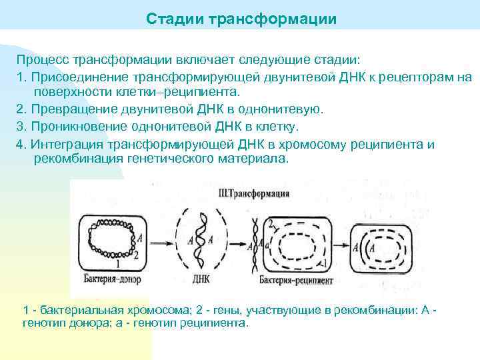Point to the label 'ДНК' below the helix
pyautogui.click(x=201, y=279)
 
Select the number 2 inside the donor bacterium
pyautogui.click(x=136, y=254)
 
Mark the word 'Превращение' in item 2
pyautogui.click(x=71, y=109)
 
